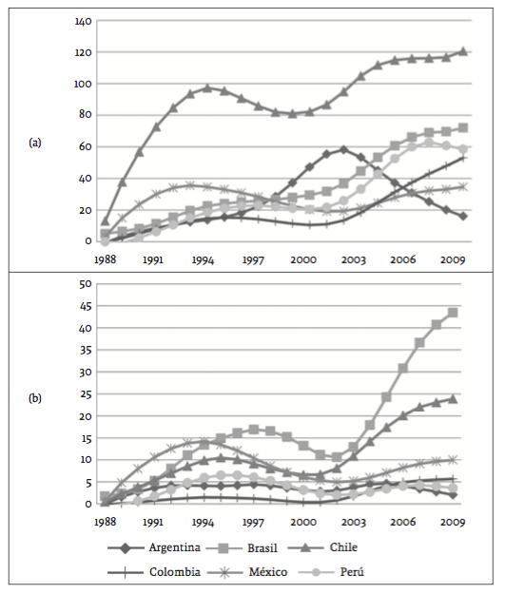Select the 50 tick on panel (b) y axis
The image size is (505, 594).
coord(85,284)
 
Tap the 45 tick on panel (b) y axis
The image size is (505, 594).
coord(85,306)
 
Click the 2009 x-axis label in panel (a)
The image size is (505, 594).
coord(452,259)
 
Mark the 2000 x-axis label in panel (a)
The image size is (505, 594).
coord(302,259)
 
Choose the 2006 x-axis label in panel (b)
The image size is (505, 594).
coord(402,522)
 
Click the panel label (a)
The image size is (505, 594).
coord(37,144)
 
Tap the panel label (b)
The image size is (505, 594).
coord(37,399)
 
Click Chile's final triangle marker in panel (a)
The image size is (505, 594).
coord(463,51)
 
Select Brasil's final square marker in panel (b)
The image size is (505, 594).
coord(453,313)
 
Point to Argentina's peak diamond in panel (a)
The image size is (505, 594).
coord(343,149)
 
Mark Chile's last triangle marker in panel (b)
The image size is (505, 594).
coord(453,399)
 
